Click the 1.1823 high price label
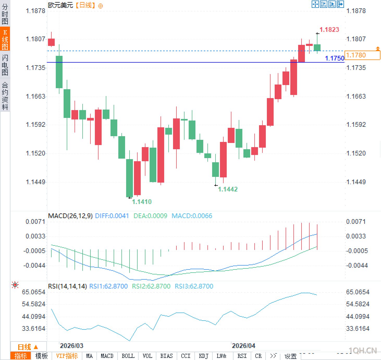click(x=329, y=29)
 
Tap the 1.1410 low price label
click(x=142, y=202)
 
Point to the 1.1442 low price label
click(x=228, y=189)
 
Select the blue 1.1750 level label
click(x=335, y=58)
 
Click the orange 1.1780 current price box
click(x=362, y=55)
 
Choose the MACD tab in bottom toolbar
click(x=107, y=356)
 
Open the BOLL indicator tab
click(x=128, y=356)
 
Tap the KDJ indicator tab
click(x=203, y=356)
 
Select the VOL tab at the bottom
click(x=147, y=356)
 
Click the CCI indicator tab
click(x=186, y=356)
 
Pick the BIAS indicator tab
click(x=166, y=356)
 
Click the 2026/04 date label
click(x=243, y=346)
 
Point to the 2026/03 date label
click(x=71, y=346)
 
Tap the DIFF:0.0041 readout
click(x=112, y=216)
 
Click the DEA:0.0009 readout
click(x=150, y=216)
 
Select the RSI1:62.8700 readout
click(x=108, y=286)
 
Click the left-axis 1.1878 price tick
click(x=35, y=11)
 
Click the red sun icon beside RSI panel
click(x=15, y=285)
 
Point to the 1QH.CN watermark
click(x=363, y=350)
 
